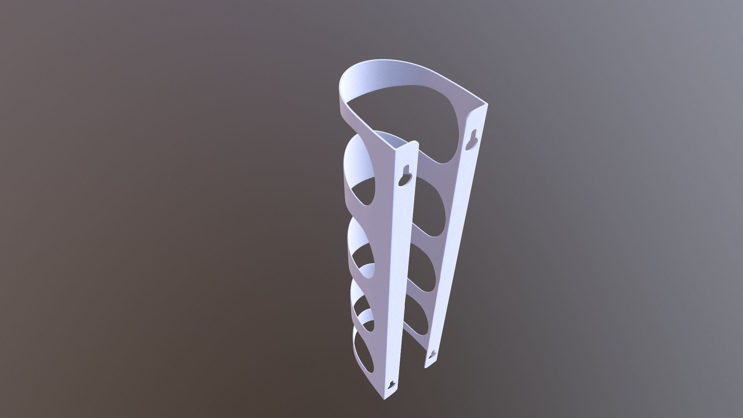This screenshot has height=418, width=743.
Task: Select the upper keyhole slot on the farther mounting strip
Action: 473,138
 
